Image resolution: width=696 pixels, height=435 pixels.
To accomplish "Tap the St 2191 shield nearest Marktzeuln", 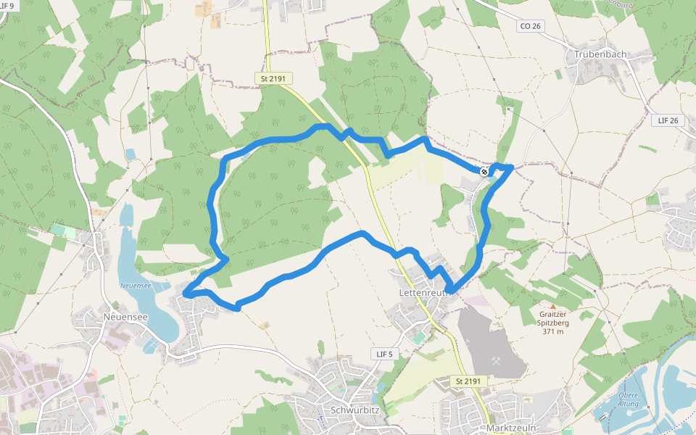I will tap(468, 381).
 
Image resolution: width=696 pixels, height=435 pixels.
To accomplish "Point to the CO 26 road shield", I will tap(531, 26).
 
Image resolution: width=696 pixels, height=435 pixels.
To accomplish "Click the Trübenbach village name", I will tap(600, 54).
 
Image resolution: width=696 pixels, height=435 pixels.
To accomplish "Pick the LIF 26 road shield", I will tap(668, 120).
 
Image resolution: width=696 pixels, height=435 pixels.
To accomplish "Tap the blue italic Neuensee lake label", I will tap(136, 286).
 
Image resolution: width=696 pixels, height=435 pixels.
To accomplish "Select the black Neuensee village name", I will tap(125, 317).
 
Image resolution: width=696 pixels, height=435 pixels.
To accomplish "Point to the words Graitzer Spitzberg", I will tap(552, 320).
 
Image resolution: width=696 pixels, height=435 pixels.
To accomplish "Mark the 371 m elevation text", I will tap(552, 331).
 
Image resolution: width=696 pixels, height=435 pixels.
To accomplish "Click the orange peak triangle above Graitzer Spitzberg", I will tap(552, 307).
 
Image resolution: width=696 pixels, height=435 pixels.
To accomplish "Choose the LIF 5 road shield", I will tap(384, 354).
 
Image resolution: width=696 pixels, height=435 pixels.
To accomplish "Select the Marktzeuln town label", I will tap(511, 428).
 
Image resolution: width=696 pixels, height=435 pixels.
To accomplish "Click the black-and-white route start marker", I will tap(484, 172).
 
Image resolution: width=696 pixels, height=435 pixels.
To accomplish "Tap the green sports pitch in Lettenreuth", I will tap(418, 338).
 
